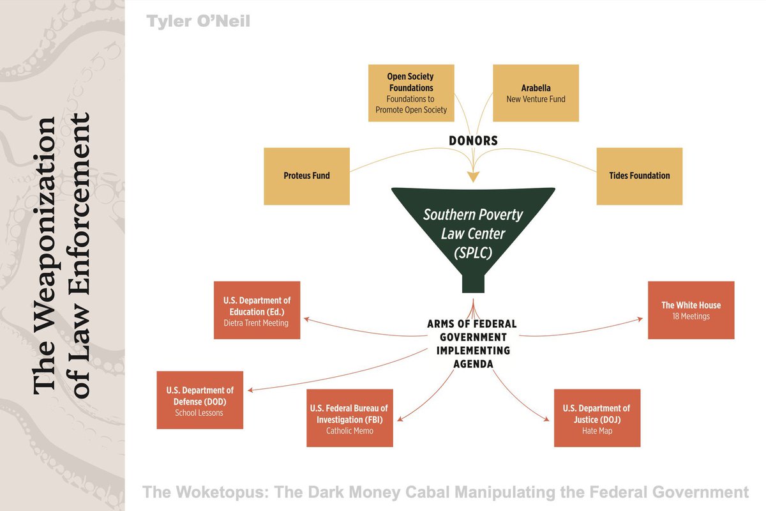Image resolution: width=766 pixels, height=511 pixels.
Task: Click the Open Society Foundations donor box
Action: point(410,93)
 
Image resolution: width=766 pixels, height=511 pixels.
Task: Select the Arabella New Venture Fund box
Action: point(536,93)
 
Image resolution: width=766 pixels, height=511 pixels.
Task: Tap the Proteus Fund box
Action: point(306,176)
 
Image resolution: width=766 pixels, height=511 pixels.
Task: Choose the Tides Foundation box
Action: point(639,176)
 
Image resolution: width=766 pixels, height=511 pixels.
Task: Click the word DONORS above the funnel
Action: point(473,141)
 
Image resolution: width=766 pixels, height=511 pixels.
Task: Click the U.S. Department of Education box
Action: point(257,310)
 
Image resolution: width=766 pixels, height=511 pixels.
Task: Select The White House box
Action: point(691,310)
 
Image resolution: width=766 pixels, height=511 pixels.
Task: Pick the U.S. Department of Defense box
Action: point(200,400)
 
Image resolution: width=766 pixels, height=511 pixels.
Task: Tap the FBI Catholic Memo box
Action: point(349,418)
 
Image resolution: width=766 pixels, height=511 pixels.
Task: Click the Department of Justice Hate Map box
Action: point(597,418)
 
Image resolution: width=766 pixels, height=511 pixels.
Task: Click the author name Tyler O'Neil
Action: point(198,22)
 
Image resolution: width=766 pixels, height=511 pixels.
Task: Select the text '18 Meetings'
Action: point(691,316)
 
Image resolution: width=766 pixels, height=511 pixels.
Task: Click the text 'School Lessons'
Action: point(200,413)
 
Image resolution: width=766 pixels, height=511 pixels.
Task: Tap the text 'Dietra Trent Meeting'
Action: point(257,323)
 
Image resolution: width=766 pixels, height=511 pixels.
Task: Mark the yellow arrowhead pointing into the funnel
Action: point(473,176)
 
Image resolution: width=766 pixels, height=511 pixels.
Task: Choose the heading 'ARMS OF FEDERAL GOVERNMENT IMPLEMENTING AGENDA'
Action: point(472,344)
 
